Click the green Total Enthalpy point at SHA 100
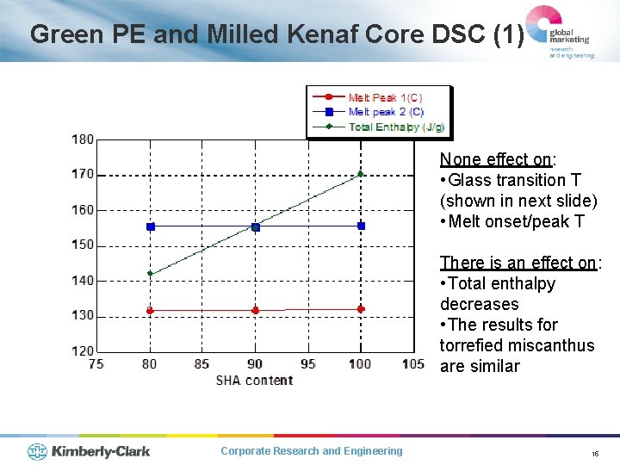click(361, 174)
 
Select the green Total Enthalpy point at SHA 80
click(150, 274)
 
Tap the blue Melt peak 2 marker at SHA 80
click(151, 226)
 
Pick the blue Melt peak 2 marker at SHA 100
click(361, 226)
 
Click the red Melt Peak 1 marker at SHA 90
click(256, 310)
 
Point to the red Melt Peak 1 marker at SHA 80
click(150, 310)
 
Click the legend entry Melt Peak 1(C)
click(384, 98)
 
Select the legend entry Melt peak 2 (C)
click(385, 112)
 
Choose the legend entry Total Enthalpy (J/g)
click(395, 127)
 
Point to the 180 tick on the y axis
click(84, 139)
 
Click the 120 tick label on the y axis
click(84, 350)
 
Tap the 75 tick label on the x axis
click(96, 364)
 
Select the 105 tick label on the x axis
click(413, 364)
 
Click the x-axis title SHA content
click(254, 381)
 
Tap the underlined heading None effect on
click(496, 159)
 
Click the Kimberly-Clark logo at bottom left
click(89, 451)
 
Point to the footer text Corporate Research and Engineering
click(311, 451)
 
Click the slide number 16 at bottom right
click(594, 453)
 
